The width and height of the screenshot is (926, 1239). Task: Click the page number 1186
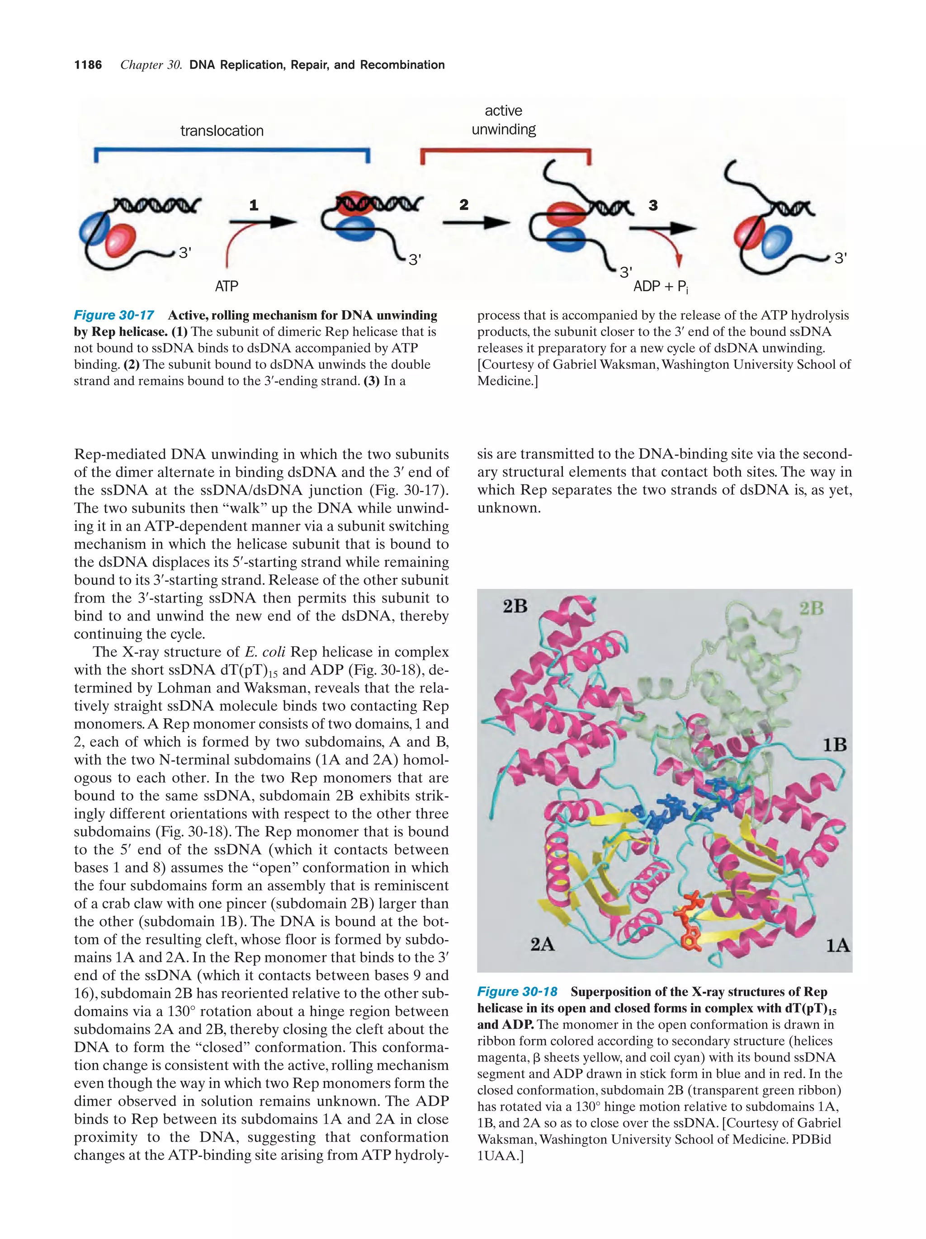pyautogui.click(x=88, y=65)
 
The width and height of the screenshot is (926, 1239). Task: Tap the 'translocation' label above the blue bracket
pyautogui.click(x=222, y=131)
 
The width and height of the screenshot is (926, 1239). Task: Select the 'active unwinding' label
pyautogui.click(x=503, y=120)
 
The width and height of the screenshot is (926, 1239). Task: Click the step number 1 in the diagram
pyautogui.click(x=254, y=206)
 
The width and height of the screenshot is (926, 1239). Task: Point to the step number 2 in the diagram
pyautogui.click(x=464, y=205)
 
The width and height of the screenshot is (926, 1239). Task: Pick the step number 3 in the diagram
pyautogui.click(x=653, y=206)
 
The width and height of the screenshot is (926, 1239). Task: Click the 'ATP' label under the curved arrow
pyautogui.click(x=227, y=287)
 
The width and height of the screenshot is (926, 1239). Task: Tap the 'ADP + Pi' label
pyautogui.click(x=661, y=287)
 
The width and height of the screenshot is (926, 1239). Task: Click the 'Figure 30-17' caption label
pyautogui.click(x=114, y=316)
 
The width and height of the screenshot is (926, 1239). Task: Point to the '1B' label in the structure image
pyautogui.click(x=835, y=745)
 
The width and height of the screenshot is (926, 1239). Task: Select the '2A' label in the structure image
pyautogui.click(x=542, y=944)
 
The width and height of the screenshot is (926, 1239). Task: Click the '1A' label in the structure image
pyautogui.click(x=838, y=946)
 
